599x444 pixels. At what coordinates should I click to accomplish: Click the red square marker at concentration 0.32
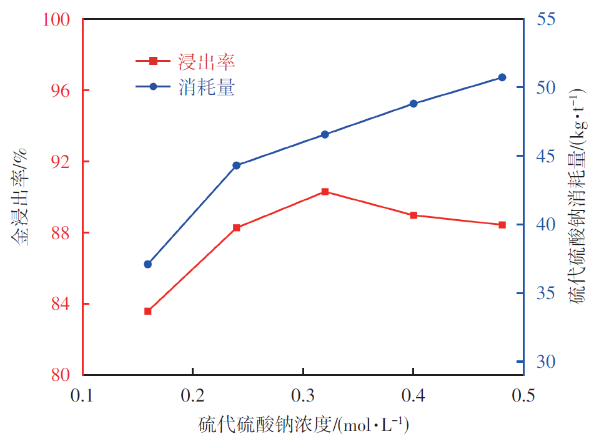(x=325, y=192)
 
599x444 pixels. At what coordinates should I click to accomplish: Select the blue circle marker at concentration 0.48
(x=502, y=77)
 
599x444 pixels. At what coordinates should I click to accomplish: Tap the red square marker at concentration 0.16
(x=148, y=311)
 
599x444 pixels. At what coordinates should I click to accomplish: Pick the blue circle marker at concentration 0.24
(x=236, y=165)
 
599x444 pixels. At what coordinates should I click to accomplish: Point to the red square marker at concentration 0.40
(x=413, y=215)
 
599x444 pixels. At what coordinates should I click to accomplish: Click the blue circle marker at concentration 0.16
(x=148, y=264)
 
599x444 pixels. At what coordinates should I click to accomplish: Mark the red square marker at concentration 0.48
(x=502, y=225)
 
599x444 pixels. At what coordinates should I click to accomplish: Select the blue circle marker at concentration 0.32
(x=325, y=134)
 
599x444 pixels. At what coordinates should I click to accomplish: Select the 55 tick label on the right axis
(x=545, y=19)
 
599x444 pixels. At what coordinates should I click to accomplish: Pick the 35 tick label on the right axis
(x=545, y=293)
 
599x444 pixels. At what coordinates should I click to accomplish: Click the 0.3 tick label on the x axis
(x=303, y=396)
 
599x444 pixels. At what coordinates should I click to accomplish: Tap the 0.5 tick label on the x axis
(x=523, y=396)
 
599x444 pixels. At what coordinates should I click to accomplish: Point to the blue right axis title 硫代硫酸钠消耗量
(x=577, y=197)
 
